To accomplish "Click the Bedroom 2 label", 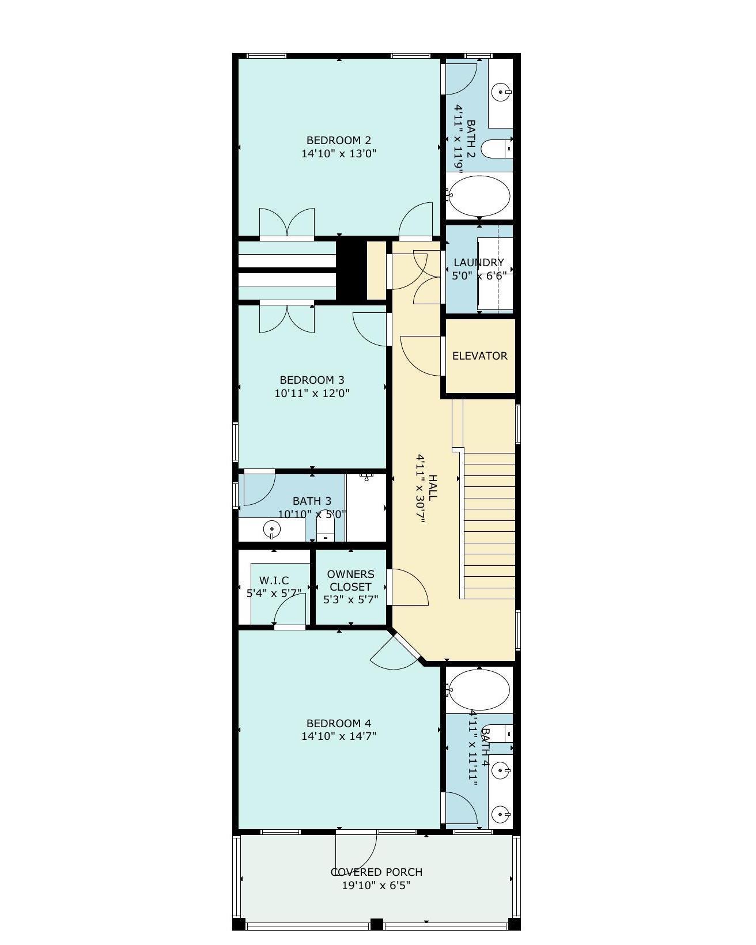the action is click(339, 141).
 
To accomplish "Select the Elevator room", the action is click(479, 356).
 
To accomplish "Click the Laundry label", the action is click(478, 263).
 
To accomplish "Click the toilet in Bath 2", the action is click(497, 149).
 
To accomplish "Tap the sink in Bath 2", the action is click(501, 92).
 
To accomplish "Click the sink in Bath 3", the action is click(272, 529).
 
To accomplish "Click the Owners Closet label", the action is click(350, 580).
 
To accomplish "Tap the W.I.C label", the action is click(274, 581).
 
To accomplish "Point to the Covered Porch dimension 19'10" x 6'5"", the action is click(376, 885).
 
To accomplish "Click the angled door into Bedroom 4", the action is click(395, 653).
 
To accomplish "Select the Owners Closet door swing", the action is click(410, 587).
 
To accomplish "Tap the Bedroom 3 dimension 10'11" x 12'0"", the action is click(312, 393).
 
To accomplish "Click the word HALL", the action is click(432, 488).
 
